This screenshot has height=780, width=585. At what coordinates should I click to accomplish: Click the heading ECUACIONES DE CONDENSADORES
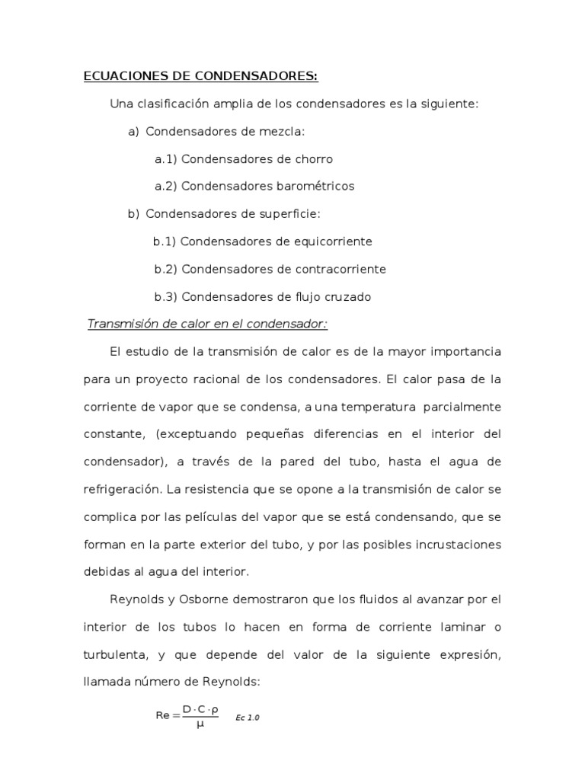(200, 76)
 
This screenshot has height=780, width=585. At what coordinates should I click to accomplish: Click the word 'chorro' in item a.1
(312, 159)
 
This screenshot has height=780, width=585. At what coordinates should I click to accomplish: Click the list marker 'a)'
(134, 132)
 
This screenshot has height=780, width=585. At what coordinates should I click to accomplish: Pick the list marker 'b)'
(134, 214)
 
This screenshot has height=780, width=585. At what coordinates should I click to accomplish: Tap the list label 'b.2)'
(165, 269)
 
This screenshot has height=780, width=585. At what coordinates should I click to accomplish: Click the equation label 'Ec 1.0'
(248, 718)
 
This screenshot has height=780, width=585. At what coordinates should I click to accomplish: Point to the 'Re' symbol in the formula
(162, 716)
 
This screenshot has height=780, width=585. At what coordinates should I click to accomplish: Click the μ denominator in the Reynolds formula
(200, 725)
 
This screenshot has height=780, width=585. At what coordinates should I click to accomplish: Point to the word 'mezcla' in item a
(281, 132)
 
